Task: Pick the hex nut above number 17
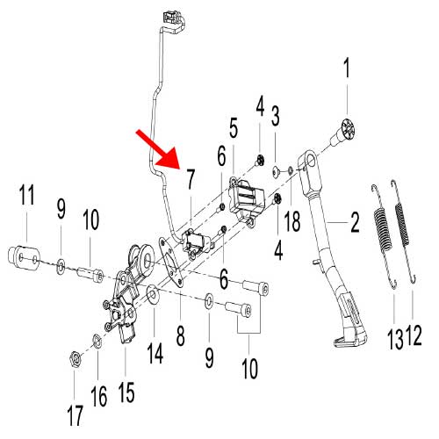[76, 358]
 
